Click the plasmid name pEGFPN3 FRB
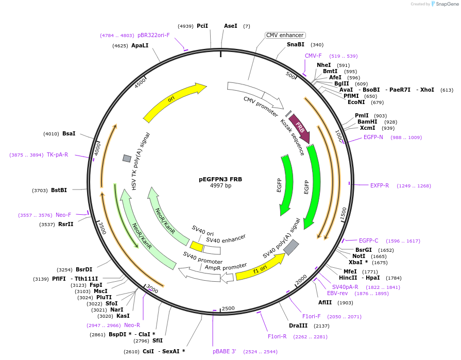pyautogui.click(x=220, y=179)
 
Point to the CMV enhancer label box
pyautogui.click(x=285, y=35)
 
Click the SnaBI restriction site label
pyautogui.click(x=296, y=45)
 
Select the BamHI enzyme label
pyautogui.click(x=367, y=122)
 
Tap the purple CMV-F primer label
pyautogui.click(x=313, y=56)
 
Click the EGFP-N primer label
pyautogui.click(x=373, y=137)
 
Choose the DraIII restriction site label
pyautogui.click(x=298, y=325)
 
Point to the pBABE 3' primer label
pyautogui.click(x=225, y=351)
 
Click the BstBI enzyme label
pyautogui.click(x=59, y=190)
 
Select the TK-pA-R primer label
pyautogui.click(x=57, y=155)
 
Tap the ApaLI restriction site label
pyautogui.click(x=140, y=46)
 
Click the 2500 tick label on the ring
pyautogui.click(x=228, y=308)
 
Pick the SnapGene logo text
pyautogui.click(x=446, y=4)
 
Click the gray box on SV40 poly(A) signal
pyautogui.click(x=291, y=247)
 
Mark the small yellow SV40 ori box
pyautogui.click(x=197, y=247)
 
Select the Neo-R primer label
pyautogui.click(x=132, y=325)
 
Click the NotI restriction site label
pyautogui.click(x=359, y=256)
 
